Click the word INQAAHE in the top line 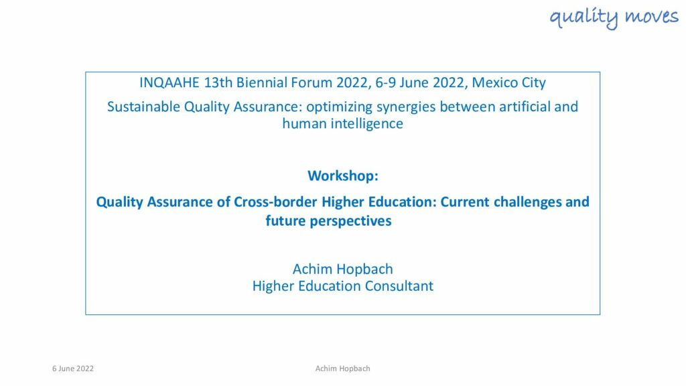[169, 82]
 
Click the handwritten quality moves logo [614, 17]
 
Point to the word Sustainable [143, 107]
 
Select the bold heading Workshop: [343, 176]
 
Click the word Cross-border [275, 202]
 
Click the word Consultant [399, 286]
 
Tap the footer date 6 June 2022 [73, 369]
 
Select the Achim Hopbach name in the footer [342, 369]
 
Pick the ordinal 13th [218, 82]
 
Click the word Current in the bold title [465, 202]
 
